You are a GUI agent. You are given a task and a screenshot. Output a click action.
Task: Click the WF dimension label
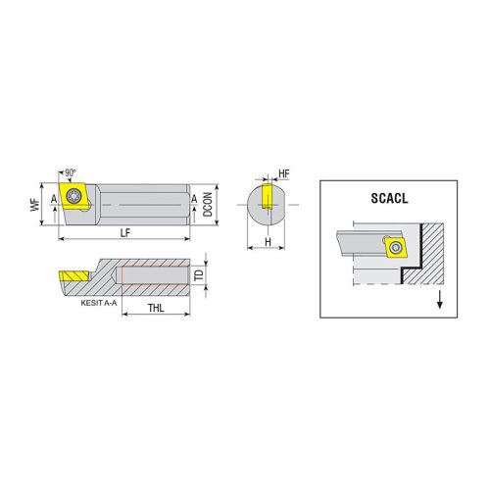pyautogui.click(x=35, y=205)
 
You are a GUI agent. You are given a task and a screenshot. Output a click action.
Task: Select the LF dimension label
pyautogui.click(x=125, y=233)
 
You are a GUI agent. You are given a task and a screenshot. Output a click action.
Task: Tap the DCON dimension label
pyautogui.click(x=208, y=204)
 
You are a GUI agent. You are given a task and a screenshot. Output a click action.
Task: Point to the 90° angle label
pyautogui.click(x=71, y=172)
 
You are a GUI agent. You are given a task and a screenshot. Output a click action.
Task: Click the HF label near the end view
pyautogui.click(x=284, y=173)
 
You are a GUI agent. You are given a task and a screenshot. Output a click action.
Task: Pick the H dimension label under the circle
pyautogui.click(x=268, y=242)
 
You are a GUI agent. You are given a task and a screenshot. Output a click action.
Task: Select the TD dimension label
pyautogui.click(x=199, y=275)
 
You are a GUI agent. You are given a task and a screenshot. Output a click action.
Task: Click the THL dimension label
pyautogui.click(x=156, y=308)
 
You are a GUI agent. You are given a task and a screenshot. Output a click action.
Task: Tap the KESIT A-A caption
pyautogui.click(x=99, y=303)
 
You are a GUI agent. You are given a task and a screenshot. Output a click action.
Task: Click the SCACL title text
pyautogui.click(x=389, y=199)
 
